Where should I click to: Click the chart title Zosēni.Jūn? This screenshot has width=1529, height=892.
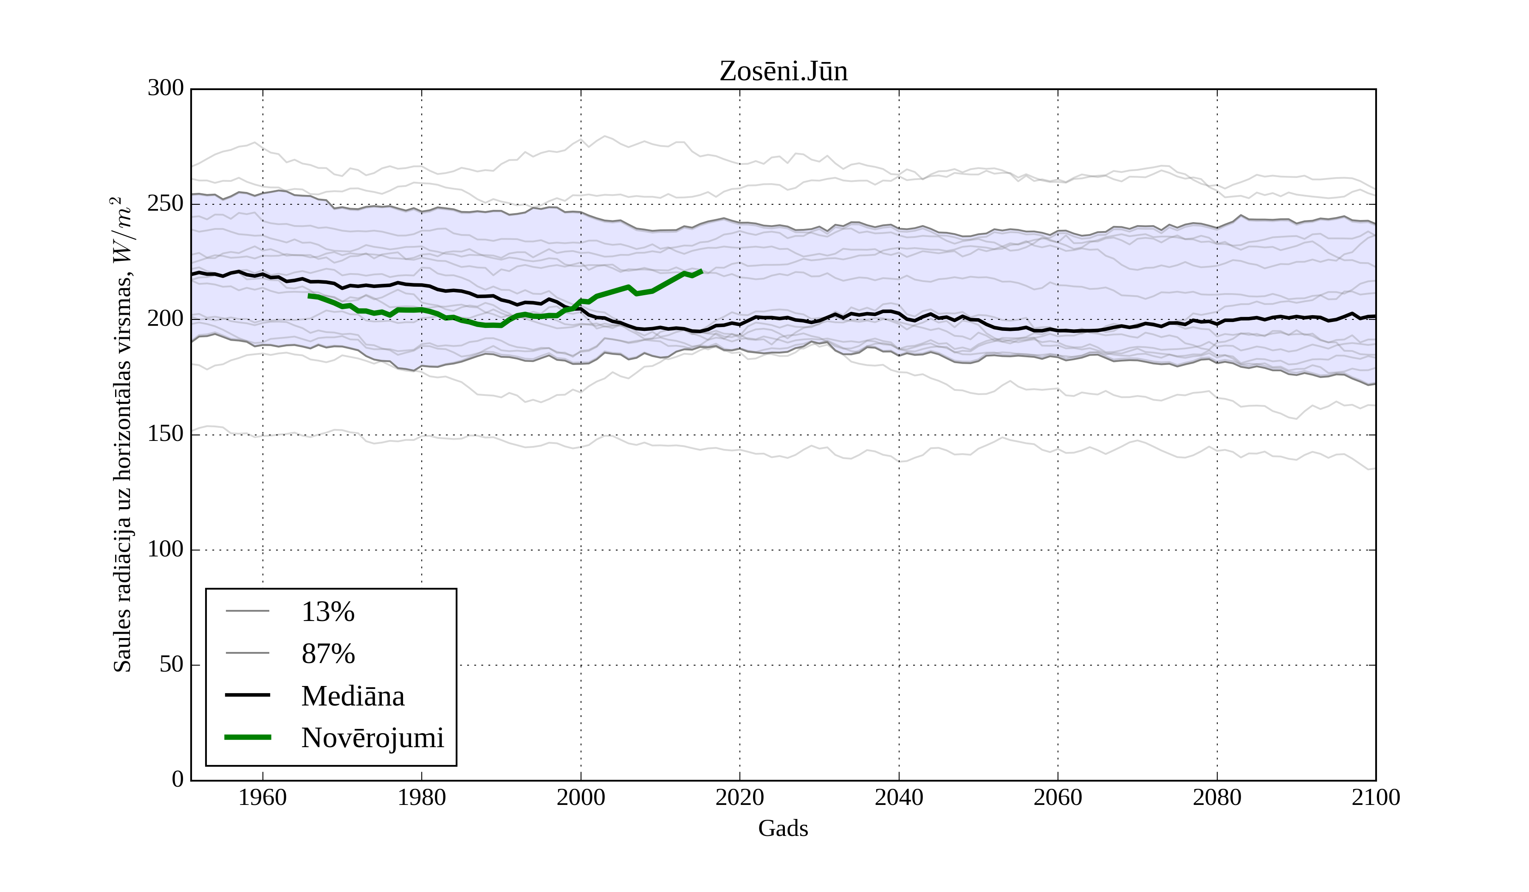(783, 72)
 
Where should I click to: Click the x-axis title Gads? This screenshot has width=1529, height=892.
(783, 828)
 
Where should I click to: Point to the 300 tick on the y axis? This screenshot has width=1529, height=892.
(165, 88)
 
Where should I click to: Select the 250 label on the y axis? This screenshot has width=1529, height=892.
(165, 203)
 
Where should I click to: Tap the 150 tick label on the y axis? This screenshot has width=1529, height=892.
(165, 434)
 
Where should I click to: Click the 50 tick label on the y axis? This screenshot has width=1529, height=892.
(171, 664)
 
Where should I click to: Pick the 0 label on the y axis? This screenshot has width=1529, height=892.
(178, 779)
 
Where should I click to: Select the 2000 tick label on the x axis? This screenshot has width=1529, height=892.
(581, 797)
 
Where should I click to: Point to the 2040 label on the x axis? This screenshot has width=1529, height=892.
(899, 797)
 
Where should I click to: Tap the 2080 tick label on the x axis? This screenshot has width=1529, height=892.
(1216, 797)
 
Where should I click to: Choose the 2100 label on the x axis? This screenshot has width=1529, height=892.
(1376, 797)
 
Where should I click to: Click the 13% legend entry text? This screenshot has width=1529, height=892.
(327, 612)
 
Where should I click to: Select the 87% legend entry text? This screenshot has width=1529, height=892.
(327, 654)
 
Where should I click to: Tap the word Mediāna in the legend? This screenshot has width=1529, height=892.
(353, 696)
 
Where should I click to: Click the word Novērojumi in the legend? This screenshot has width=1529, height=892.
(372, 738)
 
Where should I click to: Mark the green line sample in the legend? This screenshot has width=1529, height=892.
(248, 737)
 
